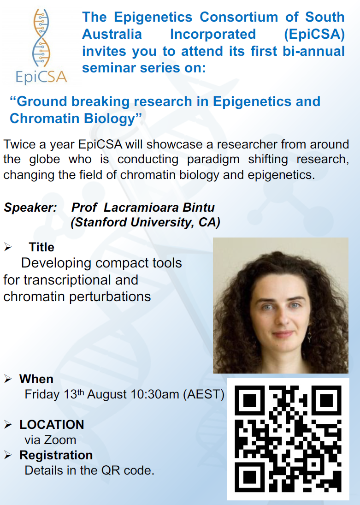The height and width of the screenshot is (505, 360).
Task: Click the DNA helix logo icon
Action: click(x=41, y=37)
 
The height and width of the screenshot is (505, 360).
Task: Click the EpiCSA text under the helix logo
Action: click(x=41, y=77)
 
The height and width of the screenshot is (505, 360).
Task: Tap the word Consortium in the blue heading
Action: click(x=239, y=17)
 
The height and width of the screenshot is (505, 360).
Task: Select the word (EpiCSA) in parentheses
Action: click(x=314, y=34)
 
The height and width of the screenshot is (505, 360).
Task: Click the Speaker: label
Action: click(x=30, y=208)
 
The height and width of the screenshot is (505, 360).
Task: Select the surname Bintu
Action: click(x=199, y=208)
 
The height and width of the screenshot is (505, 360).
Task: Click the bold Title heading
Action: click(x=41, y=247)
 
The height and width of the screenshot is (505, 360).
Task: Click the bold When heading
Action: click(x=36, y=379)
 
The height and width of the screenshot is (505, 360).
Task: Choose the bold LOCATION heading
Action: click(x=52, y=424)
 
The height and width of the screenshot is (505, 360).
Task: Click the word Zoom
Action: click(x=60, y=440)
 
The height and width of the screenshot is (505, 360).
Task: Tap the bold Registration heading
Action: click(x=56, y=455)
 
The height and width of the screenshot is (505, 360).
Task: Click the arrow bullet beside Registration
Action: click(x=8, y=455)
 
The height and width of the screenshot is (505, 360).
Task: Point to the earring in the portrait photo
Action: click(x=309, y=336)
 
